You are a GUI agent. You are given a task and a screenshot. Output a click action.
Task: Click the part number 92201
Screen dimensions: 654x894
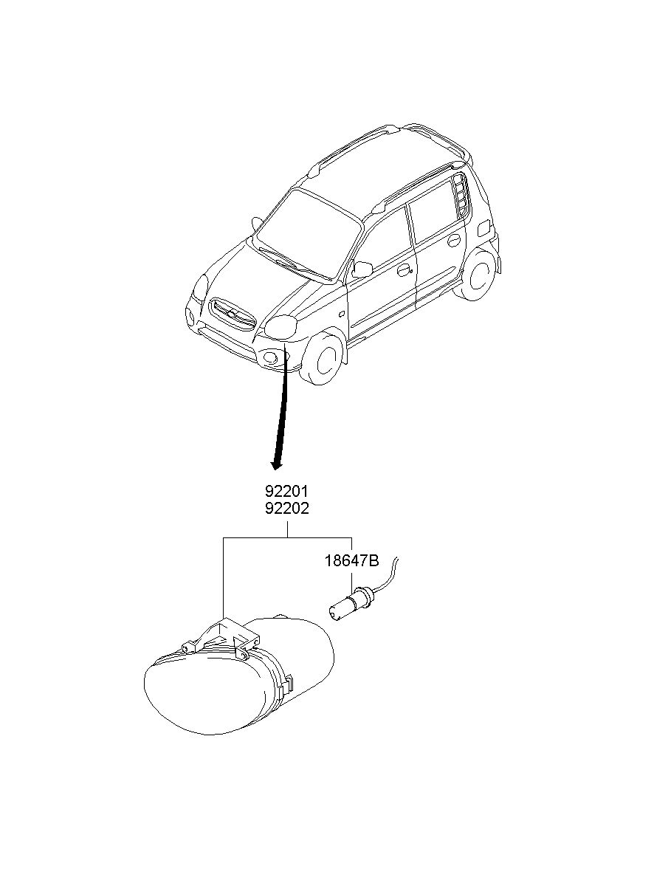(x=287, y=492)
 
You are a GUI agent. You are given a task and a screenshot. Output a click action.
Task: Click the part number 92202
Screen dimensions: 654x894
(x=287, y=509)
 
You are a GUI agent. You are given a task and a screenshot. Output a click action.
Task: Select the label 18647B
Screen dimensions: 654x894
(x=351, y=561)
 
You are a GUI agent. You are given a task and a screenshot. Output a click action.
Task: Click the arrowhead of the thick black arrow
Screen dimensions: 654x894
(x=276, y=464)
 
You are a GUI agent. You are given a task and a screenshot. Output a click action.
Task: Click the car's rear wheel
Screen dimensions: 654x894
(x=479, y=274)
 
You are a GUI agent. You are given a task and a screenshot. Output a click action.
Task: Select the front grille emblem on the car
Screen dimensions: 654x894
(x=231, y=314)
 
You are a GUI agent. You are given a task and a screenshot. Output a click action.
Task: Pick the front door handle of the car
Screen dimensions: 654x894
(x=404, y=271)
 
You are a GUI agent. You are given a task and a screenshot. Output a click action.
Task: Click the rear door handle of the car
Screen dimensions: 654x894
(x=454, y=240)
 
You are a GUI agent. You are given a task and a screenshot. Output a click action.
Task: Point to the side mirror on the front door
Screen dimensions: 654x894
(x=362, y=269)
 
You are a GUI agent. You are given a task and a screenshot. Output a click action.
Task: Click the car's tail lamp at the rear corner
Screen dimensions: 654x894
(x=484, y=228)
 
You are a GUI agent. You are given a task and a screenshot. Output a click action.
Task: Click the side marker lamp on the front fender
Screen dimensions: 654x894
(x=342, y=314)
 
